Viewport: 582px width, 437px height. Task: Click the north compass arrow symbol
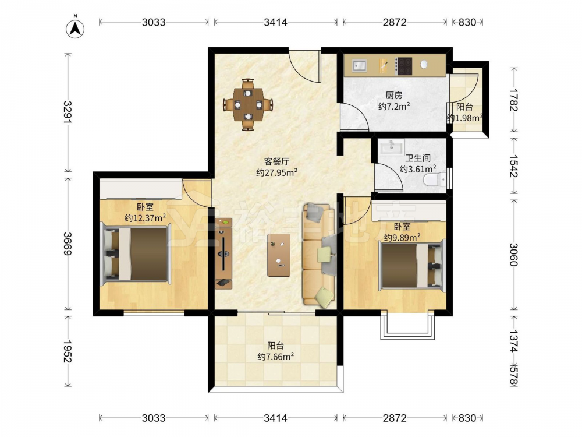(75, 29)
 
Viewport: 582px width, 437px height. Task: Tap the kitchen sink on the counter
(359, 65)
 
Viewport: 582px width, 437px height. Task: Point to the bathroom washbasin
(391, 147)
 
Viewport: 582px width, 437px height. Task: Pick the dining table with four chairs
(247, 104)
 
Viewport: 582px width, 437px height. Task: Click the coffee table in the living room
(279, 255)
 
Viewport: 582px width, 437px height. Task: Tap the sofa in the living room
(319, 255)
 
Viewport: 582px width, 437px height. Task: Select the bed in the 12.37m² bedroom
(136, 254)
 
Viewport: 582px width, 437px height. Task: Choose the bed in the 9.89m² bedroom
(411, 265)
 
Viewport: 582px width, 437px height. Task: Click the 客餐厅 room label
(276, 161)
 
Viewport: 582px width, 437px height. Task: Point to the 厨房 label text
(394, 96)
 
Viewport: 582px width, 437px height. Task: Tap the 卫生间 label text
(418, 158)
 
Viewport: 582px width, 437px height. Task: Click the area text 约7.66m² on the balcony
(276, 357)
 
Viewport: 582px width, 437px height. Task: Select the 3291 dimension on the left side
(67, 112)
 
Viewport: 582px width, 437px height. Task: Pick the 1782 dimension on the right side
(514, 100)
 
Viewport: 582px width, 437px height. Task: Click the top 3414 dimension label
(275, 22)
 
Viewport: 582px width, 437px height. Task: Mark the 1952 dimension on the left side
(67, 351)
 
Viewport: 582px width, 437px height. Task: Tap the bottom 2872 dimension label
(395, 418)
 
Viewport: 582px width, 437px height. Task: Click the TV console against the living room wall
(223, 253)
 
